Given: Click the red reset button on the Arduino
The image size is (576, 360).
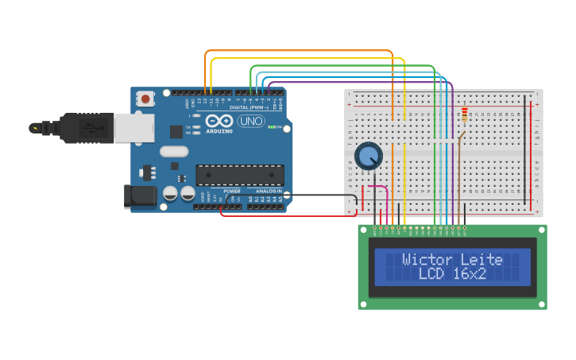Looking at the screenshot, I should click(146, 99).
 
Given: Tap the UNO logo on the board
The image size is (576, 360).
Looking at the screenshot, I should click(251, 122).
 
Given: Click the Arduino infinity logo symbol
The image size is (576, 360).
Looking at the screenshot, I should click(218, 122).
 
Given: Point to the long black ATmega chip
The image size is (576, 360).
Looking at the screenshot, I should click(240, 175).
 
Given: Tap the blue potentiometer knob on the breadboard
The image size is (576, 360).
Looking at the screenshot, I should click(368, 156).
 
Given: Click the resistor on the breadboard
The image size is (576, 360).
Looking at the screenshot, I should click(465, 116).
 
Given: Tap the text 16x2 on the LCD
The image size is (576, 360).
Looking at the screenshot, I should click(469, 274).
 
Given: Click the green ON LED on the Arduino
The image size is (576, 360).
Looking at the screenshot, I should click(273, 127).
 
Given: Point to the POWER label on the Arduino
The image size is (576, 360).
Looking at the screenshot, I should click(231, 192).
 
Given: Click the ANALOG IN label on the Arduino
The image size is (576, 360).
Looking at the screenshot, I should click(269, 192).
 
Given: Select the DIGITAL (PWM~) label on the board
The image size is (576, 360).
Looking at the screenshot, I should click(248, 107).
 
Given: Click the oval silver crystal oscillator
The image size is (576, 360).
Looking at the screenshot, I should click(174, 151).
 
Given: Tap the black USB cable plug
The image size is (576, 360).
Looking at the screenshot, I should click(79, 127).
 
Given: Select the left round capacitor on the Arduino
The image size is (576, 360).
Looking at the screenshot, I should click(170, 193).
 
